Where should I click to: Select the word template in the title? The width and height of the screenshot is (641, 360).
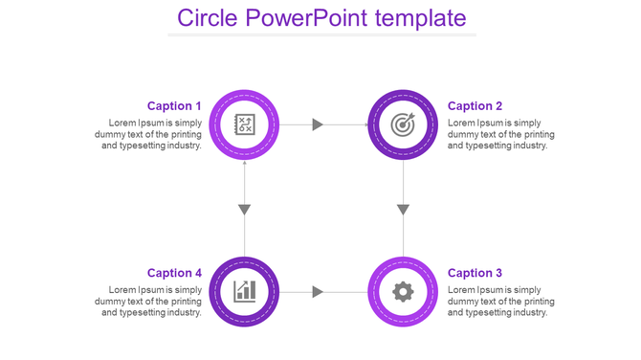pos(421,18)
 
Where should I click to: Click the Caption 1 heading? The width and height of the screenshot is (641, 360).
pos(174,106)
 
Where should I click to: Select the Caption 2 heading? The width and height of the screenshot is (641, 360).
pos(475,106)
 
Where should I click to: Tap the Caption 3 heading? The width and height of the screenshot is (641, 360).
pos(475,273)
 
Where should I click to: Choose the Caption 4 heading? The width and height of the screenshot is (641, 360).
pos(174,273)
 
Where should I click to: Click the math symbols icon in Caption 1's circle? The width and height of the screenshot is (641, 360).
pos(244,124)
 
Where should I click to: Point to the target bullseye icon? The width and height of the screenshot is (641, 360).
pos(404,124)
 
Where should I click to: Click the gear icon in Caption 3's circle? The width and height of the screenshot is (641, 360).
pos(404,291)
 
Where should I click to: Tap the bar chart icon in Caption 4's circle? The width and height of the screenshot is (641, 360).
pos(244,291)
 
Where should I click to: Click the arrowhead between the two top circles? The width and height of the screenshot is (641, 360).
pos(319,124)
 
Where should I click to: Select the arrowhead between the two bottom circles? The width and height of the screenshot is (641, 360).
pos(319,291)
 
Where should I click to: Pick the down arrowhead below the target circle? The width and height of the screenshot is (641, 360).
pos(404,210)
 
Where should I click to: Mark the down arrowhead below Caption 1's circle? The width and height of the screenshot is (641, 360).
pos(245,210)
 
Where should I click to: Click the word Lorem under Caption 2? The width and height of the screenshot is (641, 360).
pos(462,123)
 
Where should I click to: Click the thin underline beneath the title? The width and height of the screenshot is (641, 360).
pos(321,35)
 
